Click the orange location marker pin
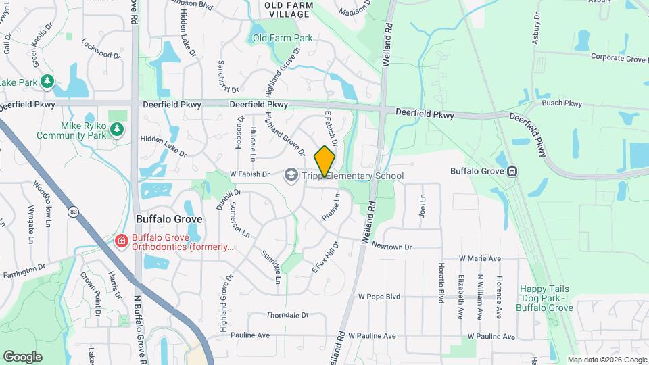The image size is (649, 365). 325,161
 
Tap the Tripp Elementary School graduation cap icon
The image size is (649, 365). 291,176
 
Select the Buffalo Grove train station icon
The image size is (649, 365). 512,171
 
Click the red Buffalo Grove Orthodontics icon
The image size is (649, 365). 121,241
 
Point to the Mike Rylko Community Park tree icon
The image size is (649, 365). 117,128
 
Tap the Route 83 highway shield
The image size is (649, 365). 72,212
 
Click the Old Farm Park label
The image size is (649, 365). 283,38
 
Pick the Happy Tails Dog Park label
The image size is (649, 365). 545,298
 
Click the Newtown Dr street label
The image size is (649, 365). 391,247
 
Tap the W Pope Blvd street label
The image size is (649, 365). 379,296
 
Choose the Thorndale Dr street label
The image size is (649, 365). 287,315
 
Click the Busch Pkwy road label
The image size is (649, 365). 562,103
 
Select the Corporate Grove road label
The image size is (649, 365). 619,59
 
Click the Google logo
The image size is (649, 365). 22,356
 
